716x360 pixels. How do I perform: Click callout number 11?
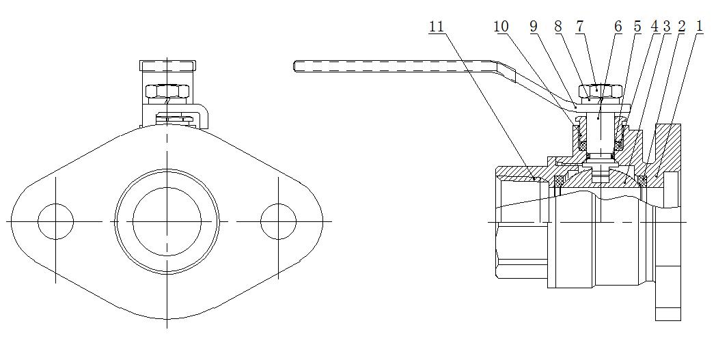point(437,27)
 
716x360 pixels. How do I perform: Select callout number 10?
point(501,27)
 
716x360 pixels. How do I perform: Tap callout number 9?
point(534,27)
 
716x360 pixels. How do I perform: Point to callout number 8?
point(558,27)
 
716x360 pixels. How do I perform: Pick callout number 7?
point(580,27)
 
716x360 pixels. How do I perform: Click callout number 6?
point(618,27)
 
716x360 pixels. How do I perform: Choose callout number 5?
point(637,27)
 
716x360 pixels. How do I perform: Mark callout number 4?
point(655,27)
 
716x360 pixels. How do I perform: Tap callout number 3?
point(666,27)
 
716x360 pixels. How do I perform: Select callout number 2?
point(681,27)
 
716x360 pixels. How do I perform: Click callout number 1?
point(699,27)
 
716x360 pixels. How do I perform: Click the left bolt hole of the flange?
point(56,221)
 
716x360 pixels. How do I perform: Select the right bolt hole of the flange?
point(279,221)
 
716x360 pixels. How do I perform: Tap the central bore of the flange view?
point(167,221)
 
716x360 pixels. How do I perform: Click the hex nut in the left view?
point(167,92)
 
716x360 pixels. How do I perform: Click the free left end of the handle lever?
point(295,66)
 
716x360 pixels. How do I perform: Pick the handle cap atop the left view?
point(167,66)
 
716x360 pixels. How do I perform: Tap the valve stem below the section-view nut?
point(599,133)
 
